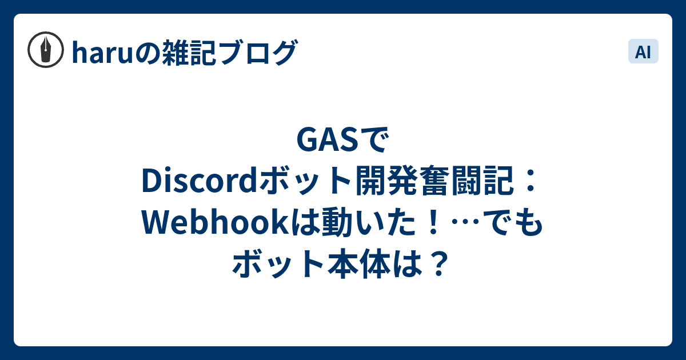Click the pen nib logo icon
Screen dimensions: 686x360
(46, 50)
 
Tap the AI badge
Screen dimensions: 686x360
(643, 51)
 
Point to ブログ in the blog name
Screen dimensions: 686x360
(258, 53)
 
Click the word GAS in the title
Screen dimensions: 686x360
(328, 139)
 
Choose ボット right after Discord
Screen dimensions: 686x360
(306, 181)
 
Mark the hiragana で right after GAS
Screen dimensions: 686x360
(376, 140)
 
